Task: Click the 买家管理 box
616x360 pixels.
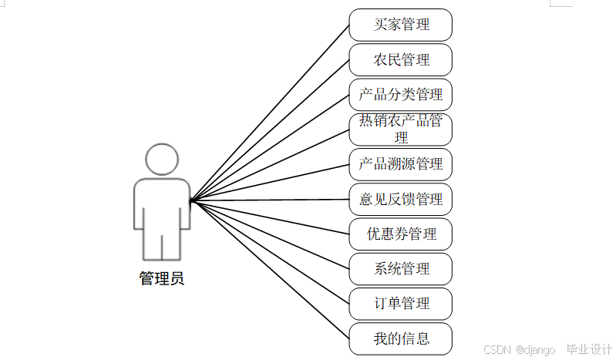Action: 400,25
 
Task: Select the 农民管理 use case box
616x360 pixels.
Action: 400,59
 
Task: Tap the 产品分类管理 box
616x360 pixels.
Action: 400,95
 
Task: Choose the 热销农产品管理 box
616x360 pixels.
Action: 400,130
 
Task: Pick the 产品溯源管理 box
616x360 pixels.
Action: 400,164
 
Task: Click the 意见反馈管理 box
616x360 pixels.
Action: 400,199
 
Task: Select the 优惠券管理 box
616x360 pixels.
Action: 400,234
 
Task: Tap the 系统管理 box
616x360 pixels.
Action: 400,268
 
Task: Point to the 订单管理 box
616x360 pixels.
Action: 400,303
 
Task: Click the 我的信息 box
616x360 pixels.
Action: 400,338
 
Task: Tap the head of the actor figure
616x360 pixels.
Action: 162,160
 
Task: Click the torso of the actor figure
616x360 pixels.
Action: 162,204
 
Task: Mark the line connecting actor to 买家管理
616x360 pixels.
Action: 270,113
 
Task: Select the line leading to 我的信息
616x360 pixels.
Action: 270,271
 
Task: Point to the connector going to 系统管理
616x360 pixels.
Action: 270,235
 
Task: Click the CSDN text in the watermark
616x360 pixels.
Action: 498,350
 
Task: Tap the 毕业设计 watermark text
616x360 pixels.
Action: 589,349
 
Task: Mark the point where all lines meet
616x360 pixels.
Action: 191,200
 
